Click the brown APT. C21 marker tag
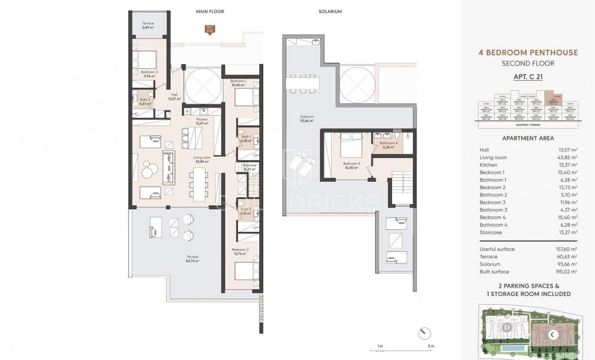click(209, 30)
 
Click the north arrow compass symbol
click(423, 331)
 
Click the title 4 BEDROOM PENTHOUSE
click(528, 52)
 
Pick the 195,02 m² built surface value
click(565, 271)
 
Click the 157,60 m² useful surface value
click(565, 249)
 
